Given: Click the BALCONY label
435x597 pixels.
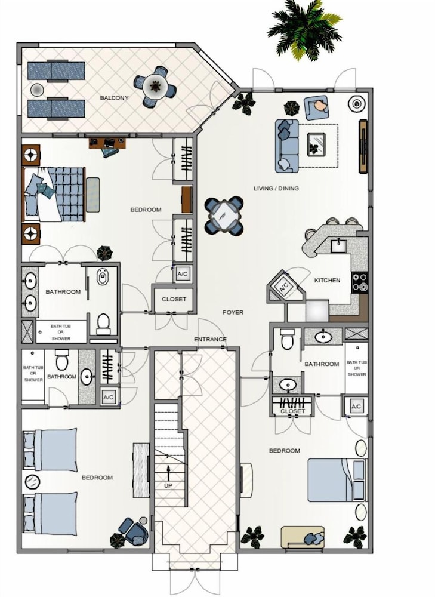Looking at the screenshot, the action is tap(114, 98).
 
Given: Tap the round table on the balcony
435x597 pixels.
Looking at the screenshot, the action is tap(155, 87).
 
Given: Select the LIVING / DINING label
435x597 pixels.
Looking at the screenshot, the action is tap(276, 188).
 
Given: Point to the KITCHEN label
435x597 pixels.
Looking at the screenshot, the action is tap(327, 280).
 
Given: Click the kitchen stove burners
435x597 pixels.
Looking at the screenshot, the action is tap(360, 282).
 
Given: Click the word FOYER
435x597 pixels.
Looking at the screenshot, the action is tap(233, 312).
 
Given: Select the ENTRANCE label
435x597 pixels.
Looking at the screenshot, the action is tap(210, 339).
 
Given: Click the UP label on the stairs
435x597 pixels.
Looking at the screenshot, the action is tap(168, 485).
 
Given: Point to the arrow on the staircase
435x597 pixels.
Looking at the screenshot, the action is tap(168, 473).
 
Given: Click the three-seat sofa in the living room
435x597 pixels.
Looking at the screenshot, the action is tap(287, 146).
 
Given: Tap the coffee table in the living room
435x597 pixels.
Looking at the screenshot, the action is tap(316, 144).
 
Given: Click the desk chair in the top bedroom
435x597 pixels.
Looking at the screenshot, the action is tap(110, 151).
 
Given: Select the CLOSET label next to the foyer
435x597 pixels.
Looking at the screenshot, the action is tap(174, 299).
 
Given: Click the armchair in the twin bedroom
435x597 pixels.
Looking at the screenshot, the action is tap(134, 530).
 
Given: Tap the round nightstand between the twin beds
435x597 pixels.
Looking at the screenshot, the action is tap(32, 482).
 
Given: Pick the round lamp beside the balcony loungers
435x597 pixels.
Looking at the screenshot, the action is tap(37, 90).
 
